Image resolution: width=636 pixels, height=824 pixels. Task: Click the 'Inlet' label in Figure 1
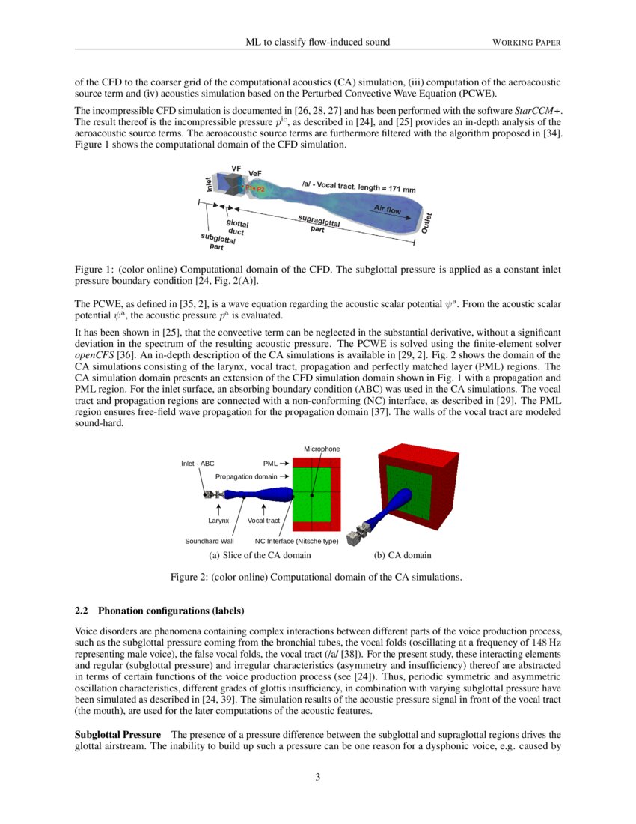[x=209, y=182]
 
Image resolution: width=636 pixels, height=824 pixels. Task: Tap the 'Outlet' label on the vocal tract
[x=426, y=222]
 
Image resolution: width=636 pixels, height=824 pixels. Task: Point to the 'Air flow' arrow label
[x=387, y=209]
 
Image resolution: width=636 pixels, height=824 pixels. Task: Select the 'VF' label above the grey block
[x=236, y=169]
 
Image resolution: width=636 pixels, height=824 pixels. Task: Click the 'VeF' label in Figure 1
[x=254, y=174]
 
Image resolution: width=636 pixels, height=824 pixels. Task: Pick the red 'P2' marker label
[x=260, y=190]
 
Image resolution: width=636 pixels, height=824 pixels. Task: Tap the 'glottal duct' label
[x=237, y=227]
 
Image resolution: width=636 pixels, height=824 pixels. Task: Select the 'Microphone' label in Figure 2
[x=322, y=449]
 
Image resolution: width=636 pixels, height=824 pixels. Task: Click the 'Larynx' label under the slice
[x=218, y=519]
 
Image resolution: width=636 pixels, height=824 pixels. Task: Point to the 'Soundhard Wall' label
[x=210, y=540]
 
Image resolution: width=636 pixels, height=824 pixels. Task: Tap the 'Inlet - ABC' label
[x=198, y=464]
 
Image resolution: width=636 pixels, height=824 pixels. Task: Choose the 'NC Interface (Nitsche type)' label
[x=297, y=540]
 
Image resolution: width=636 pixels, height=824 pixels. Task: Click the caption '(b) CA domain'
[x=403, y=555]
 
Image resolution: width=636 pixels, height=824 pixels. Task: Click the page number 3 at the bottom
[x=318, y=777]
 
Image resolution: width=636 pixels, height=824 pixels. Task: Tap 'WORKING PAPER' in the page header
[x=526, y=43]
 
